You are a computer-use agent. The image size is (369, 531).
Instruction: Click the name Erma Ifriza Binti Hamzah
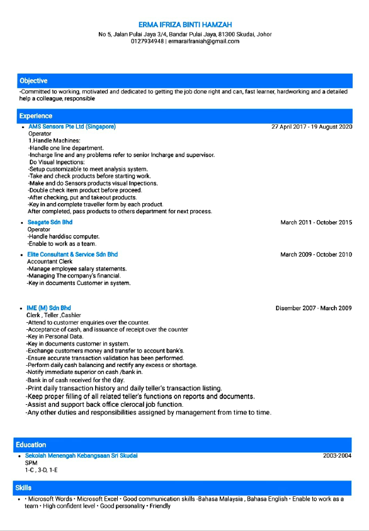184,25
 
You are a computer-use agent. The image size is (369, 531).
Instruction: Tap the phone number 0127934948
147,42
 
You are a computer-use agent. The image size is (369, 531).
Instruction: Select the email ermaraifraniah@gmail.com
203,42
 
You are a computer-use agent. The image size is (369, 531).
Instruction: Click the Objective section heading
33,81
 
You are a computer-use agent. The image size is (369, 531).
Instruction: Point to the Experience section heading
36,116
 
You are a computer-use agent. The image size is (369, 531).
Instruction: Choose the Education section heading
32,445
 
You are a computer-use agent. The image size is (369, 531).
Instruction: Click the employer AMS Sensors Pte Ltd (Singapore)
72,127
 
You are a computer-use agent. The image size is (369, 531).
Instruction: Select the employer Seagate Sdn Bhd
50,223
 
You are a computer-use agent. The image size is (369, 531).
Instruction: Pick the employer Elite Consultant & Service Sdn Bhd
72,255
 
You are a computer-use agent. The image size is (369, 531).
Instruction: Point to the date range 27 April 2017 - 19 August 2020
312,127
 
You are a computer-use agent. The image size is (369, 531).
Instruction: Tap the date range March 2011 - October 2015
316,223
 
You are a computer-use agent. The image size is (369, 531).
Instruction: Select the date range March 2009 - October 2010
316,255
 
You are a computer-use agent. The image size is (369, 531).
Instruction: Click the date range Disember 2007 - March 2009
314,308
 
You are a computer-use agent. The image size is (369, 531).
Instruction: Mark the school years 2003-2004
338,455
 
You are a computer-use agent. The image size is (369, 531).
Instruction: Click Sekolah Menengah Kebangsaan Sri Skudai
81,455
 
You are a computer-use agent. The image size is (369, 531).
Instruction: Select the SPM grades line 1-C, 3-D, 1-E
42,470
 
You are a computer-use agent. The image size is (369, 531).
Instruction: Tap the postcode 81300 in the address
228,34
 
